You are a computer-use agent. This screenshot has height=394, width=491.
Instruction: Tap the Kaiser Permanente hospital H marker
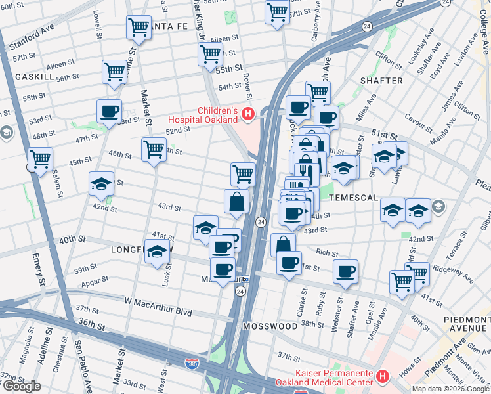click(383, 376)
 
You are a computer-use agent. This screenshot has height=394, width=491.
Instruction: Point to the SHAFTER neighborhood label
click(381, 81)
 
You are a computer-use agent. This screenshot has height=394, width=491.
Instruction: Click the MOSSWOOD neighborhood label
click(269, 326)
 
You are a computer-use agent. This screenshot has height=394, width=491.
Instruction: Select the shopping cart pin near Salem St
click(40, 159)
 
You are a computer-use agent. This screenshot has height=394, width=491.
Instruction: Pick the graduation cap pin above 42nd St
click(101, 183)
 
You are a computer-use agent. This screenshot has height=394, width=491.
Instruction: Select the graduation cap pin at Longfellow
click(157, 252)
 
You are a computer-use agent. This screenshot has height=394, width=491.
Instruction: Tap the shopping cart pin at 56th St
click(114, 71)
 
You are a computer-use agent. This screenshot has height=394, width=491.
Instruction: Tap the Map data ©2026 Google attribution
click(450, 389)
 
